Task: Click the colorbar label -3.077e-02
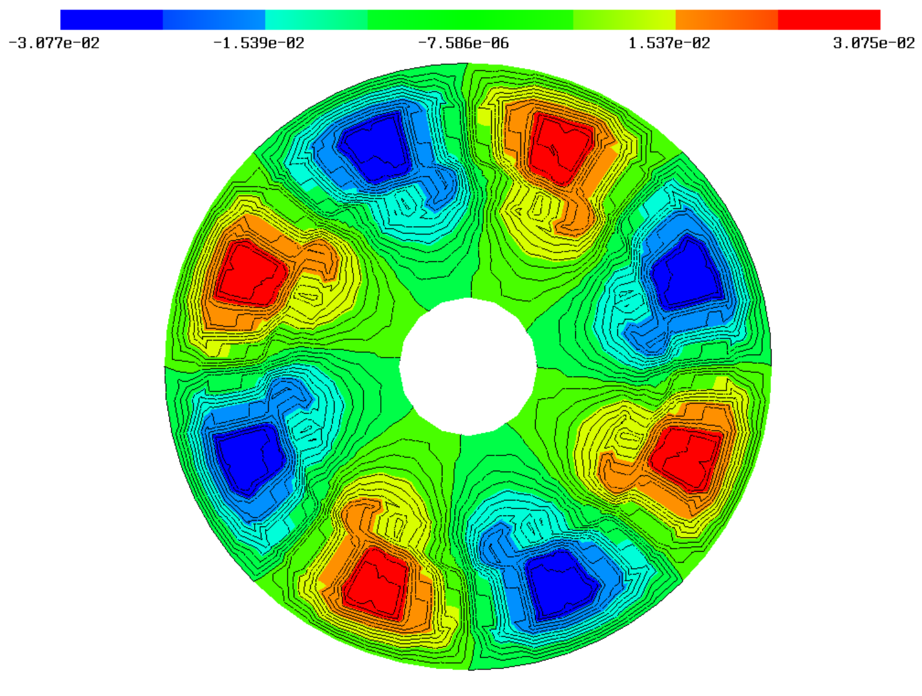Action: coord(54,43)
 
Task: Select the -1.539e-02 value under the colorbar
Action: coord(259,43)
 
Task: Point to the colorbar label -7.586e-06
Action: coord(463,43)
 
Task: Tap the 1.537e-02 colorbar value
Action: coord(668,43)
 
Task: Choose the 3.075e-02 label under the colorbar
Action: coord(874,43)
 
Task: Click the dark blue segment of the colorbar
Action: coord(112,20)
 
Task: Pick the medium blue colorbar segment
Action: coord(214,20)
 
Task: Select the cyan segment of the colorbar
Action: coord(316,20)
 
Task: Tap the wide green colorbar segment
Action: coord(470,20)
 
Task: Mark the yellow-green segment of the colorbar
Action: coord(625,20)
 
